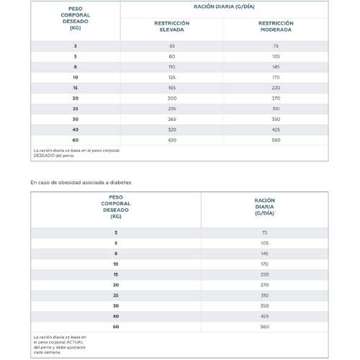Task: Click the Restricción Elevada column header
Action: coord(172,27)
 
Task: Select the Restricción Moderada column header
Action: coord(276,27)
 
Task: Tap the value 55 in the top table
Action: coord(172,46)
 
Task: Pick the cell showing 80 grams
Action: coord(172,56)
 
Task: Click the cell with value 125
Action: coord(172,77)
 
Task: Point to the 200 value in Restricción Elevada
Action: coord(172,98)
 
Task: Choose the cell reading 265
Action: coord(172,119)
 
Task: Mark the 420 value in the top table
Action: coord(172,140)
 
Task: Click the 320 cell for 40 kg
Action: coord(172,130)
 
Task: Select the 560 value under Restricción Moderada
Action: coord(276,140)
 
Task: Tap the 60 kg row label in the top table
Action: coord(76,140)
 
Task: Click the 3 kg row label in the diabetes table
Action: coord(116,233)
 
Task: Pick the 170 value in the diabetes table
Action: coord(264,264)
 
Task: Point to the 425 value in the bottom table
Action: coord(264,316)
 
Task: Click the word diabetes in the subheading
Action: coord(120,182)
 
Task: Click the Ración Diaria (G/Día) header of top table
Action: coord(224,6)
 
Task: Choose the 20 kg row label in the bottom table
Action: coord(116,285)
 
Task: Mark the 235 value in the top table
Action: coord(172,109)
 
